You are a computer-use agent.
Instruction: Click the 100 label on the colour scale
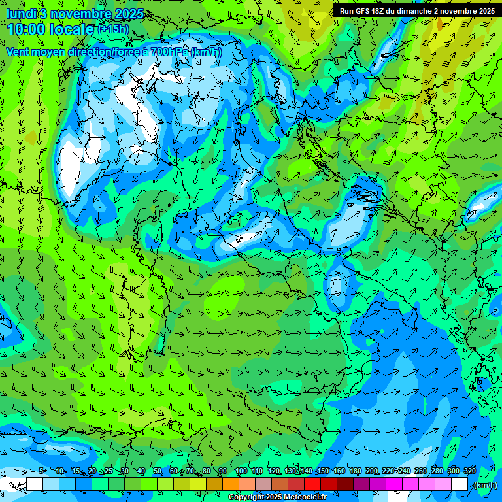pyautogui.click(x=241, y=471)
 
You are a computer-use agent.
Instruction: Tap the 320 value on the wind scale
pyautogui.click(x=470, y=471)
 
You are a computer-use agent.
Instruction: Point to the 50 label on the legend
pyautogui.click(x=158, y=471)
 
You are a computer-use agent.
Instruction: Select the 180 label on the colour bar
pyautogui.click(x=355, y=471)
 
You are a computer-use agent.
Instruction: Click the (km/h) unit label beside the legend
pyautogui.click(x=485, y=485)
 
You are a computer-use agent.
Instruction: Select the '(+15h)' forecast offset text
pyautogui.click(x=113, y=29)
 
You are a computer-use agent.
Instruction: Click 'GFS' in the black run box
pyautogui.click(x=366, y=11)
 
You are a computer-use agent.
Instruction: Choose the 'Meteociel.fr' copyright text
pyautogui.click(x=309, y=497)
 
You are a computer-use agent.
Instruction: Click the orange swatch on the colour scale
pyautogui.click(x=230, y=484)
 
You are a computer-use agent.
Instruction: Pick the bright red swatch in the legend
pyautogui.click(x=312, y=484)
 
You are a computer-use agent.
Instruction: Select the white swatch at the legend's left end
pyautogui.click(x=35, y=484)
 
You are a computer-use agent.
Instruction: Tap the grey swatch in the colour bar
pyautogui.click(x=263, y=484)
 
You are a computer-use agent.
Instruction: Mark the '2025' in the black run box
pyautogui.click(x=485, y=11)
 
